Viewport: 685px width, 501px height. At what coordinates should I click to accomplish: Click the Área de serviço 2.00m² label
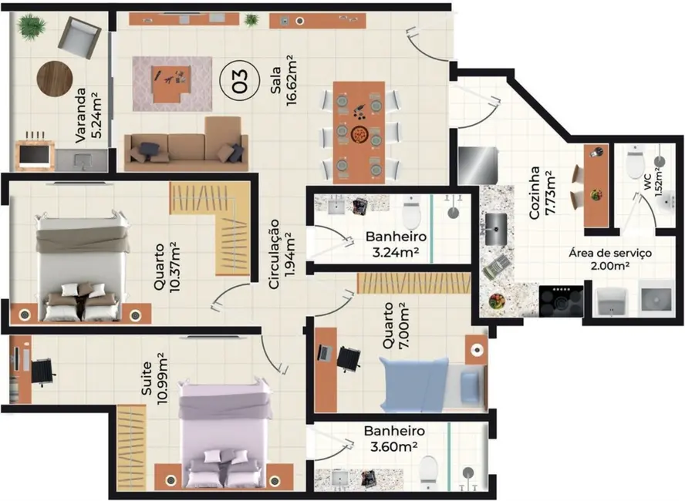(610, 258)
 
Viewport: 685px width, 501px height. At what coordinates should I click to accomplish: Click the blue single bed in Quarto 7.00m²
(432, 384)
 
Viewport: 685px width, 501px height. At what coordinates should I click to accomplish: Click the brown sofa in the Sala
(187, 146)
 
